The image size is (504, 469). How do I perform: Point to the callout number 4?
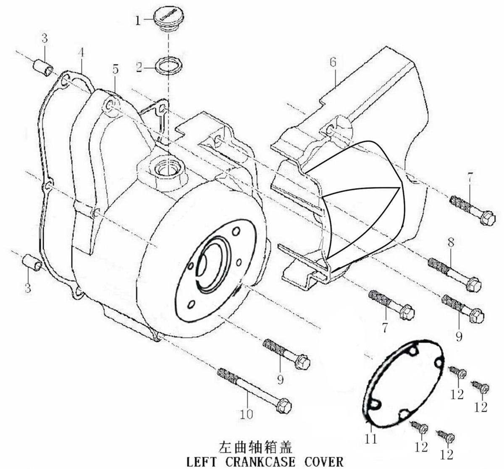81,52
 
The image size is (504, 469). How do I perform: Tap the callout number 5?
115,69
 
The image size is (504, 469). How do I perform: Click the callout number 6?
333,62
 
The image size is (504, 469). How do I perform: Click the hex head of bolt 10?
284,405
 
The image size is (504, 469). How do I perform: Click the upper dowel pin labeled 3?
43,68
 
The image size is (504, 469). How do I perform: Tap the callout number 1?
138,21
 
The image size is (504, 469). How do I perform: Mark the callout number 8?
451,243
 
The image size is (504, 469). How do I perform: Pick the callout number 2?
139,67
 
